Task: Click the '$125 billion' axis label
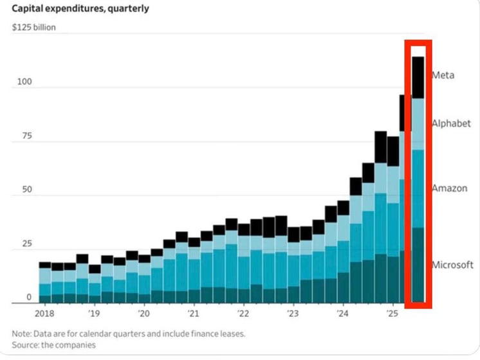[x=34, y=28]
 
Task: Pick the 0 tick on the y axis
[x=28, y=297]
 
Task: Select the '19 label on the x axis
[x=93, y=314]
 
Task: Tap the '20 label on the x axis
[x=143, y=314]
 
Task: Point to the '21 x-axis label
[x=193, y=314]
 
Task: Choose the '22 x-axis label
[x=243, y=314]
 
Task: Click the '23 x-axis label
[x=293, y=314]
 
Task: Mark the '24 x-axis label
[x=343, y=314]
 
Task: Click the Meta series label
[x=443, y=75]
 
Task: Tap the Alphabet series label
[x=451, y=123]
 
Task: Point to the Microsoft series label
[x=452, y=265]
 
